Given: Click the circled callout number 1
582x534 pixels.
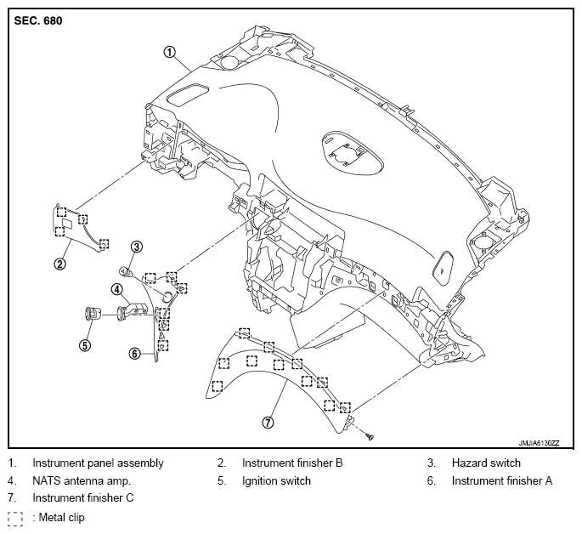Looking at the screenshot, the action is point(169,52).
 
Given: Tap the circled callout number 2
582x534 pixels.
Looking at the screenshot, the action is point(60,264).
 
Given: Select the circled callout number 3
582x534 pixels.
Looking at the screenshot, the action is point(137,247).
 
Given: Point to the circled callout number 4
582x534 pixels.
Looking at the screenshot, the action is point(117,289).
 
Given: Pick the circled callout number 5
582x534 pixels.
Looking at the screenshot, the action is point(85,346).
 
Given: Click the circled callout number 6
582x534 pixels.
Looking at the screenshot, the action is point(135,353).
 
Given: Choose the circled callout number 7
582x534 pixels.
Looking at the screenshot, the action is point(268,423).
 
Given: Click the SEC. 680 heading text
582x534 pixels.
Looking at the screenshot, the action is point(38,20).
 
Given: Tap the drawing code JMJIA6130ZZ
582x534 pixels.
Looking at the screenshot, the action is point(539,443).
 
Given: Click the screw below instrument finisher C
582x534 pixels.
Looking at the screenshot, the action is point(370,437).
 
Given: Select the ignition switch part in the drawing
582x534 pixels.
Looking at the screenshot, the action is point(91,314).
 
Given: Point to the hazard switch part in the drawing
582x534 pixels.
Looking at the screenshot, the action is point(126,272).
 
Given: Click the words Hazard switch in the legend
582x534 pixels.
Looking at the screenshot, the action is point(486,463).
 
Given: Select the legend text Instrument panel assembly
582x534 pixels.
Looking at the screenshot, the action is point(98,463).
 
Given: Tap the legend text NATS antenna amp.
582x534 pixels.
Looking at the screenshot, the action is point(82,481).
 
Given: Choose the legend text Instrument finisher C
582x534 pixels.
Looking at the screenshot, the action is point(83,497).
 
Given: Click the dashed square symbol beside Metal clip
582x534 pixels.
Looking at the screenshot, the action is point(15,519).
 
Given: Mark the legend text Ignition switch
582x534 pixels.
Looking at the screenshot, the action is point(276,481).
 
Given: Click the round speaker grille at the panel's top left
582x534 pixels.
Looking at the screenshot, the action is point(230,61).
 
